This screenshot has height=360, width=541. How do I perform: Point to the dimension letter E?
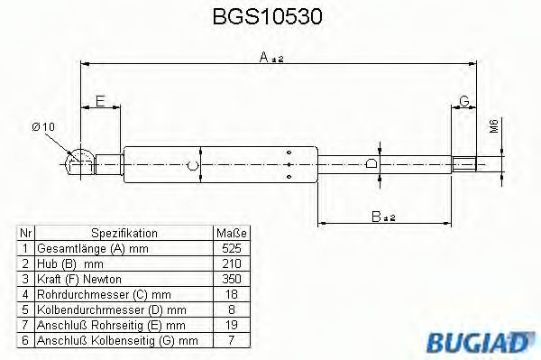coord(100,100)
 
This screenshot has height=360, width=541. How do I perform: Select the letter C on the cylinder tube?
coord(192,165)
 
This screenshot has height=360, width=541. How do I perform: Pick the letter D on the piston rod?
coord(371,164)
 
